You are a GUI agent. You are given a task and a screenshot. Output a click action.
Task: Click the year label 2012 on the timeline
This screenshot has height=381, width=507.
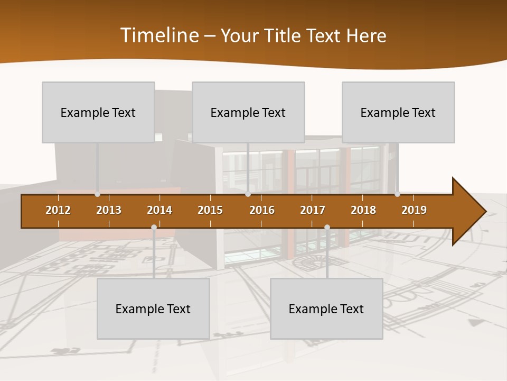pos(58,210)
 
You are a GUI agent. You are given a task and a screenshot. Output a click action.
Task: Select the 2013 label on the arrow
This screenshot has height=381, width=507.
pos(109,210)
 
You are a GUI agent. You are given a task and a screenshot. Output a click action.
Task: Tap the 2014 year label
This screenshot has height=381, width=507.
pos(159,210)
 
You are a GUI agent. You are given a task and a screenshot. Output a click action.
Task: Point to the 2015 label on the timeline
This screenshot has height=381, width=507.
pos(210,210)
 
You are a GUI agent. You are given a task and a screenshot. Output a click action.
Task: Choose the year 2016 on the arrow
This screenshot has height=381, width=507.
pos(262,210)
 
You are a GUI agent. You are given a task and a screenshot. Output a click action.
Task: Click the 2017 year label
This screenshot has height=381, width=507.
pos(313,210)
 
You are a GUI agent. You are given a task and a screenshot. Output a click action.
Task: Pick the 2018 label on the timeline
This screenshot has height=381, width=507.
pos(363,210)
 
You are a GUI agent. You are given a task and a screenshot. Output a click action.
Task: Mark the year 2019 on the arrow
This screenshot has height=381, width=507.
pos(414,210)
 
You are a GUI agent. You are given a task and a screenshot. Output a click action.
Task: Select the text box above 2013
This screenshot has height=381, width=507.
pos(98,112)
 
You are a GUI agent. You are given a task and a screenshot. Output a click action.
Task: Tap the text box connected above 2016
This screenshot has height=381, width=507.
pos(248,112)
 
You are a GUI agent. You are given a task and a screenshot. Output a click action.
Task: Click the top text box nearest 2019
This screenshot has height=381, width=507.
pos(398,112)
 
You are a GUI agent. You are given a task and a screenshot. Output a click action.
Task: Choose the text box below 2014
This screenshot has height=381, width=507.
pos(153,309)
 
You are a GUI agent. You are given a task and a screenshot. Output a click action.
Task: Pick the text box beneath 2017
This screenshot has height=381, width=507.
pos(326,309)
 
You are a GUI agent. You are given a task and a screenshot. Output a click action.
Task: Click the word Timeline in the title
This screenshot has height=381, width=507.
pos(159,35)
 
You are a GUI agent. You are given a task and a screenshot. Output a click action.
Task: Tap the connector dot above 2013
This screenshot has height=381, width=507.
pos(98,194)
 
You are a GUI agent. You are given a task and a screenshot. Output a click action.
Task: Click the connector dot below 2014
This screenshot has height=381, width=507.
pos(154,228)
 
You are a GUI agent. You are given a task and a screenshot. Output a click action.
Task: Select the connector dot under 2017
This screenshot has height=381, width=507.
pos(327,228)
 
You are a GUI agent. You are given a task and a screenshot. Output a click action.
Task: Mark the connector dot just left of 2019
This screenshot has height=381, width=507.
pos(397,194)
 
